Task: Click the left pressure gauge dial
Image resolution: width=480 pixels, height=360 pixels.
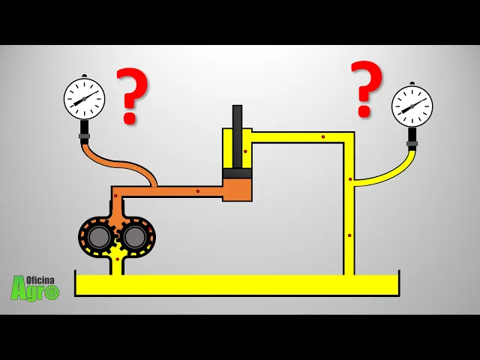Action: [84, 98]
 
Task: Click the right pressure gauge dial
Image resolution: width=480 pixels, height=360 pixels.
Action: [412, 106]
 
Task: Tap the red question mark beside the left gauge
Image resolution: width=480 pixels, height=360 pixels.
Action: [132, 94]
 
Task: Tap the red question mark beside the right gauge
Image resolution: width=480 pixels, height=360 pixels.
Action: [367, 88]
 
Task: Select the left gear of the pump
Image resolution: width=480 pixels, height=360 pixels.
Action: [98, 237]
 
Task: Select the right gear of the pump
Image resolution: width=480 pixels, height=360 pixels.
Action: [135, 237]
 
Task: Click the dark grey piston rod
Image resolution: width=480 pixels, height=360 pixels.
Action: [237, 135]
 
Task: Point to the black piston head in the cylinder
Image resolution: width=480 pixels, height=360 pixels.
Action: [237, 173]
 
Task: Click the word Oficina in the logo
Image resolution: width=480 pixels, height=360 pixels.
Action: [41, 279]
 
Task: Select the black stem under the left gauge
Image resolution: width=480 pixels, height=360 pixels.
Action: [84, 131]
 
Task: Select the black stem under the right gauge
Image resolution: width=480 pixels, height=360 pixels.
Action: [412, 139]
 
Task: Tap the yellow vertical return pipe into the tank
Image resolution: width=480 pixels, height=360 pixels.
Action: [349, 225]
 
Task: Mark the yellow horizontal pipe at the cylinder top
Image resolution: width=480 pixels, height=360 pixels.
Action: [300, 137]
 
